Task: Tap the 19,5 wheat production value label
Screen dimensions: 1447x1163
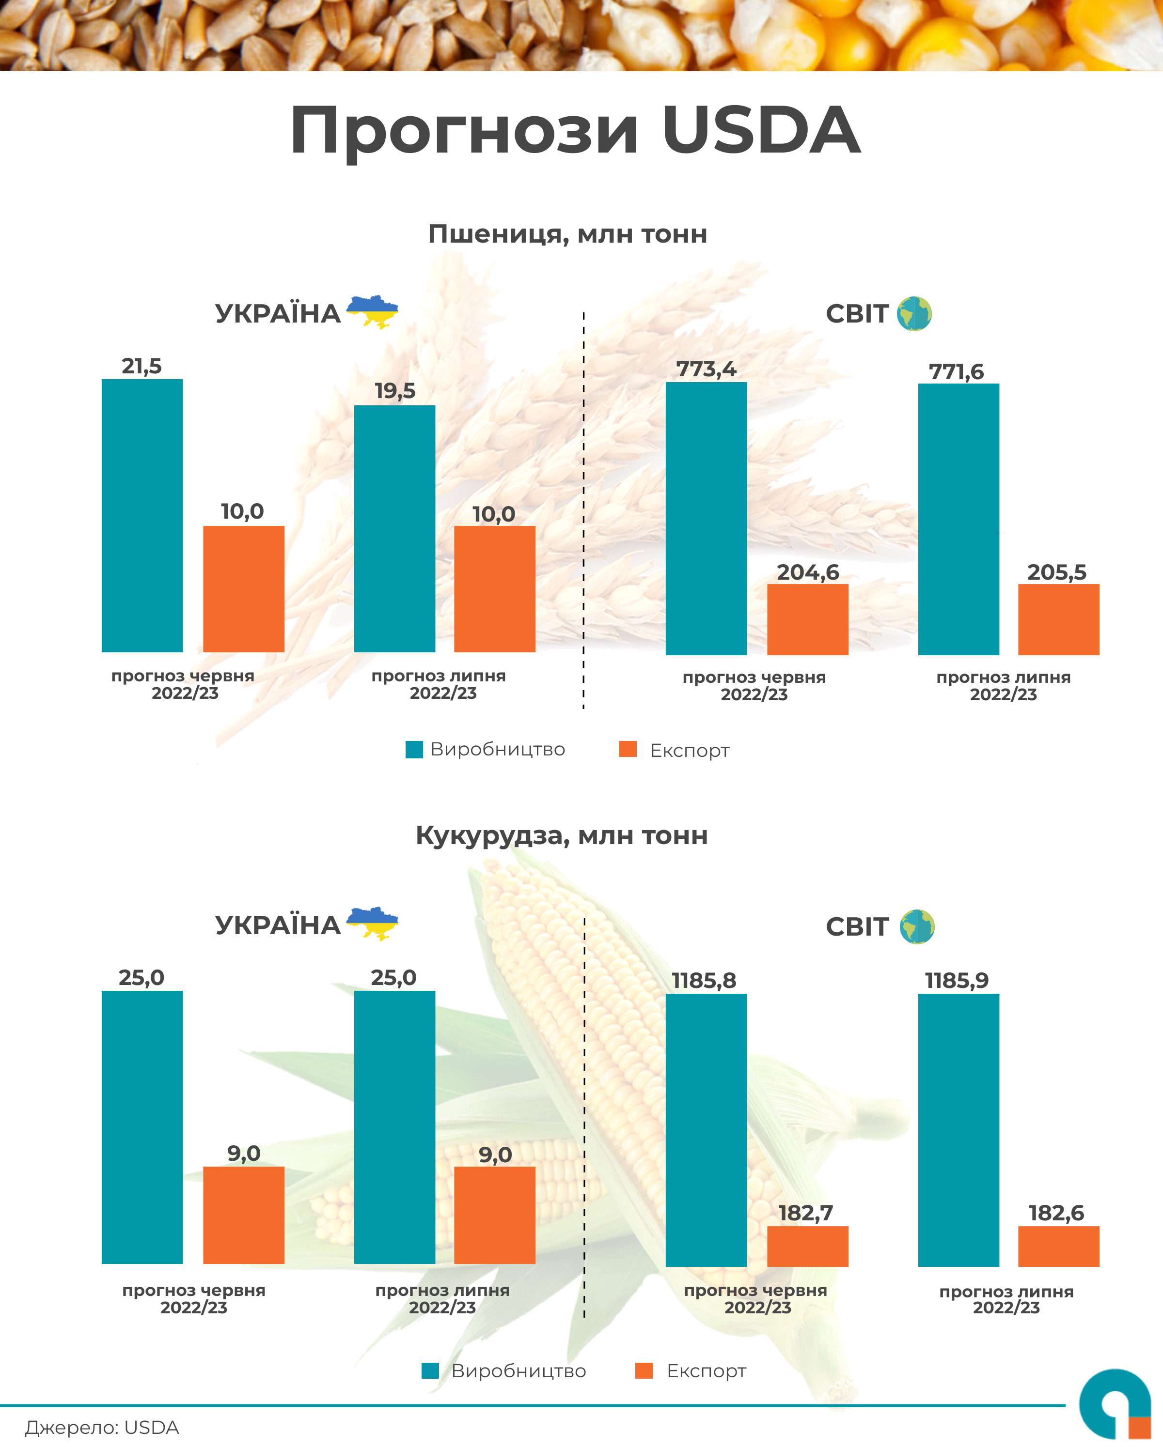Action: [x=395, y=391]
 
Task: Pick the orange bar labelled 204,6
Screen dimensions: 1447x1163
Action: [x=807, y=619]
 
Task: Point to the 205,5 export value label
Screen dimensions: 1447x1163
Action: [x=1056, y=572]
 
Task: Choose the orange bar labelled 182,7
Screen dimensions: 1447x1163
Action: [x=807, y=1247]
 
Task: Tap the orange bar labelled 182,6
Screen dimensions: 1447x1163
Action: [x=1058, y=1247]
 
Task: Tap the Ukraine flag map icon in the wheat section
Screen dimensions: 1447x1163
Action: [x=373, y=311]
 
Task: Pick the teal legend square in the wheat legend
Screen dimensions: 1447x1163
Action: [x=414, y=750]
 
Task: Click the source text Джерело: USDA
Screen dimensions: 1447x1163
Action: [x=102, y=1428]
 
